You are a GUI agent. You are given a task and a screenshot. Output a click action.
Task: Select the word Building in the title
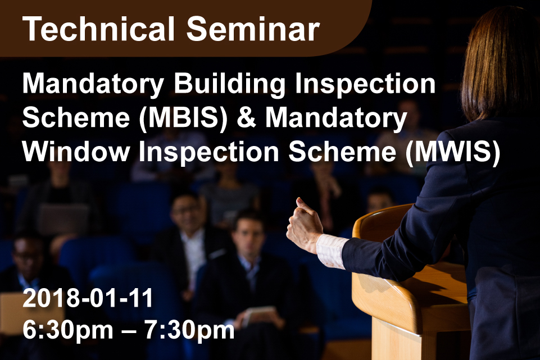[229, 85]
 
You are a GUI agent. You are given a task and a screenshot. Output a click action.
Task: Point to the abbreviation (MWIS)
[452, 152]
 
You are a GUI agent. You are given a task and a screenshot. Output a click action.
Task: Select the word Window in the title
[76, 152]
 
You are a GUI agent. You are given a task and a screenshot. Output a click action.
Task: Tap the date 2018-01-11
[88, 298]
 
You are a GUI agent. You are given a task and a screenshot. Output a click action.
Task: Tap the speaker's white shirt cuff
[330, 251]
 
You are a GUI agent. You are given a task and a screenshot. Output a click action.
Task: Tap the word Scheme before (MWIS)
[342, 152]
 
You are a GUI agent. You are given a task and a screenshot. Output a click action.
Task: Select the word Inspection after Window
[208, 152]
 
